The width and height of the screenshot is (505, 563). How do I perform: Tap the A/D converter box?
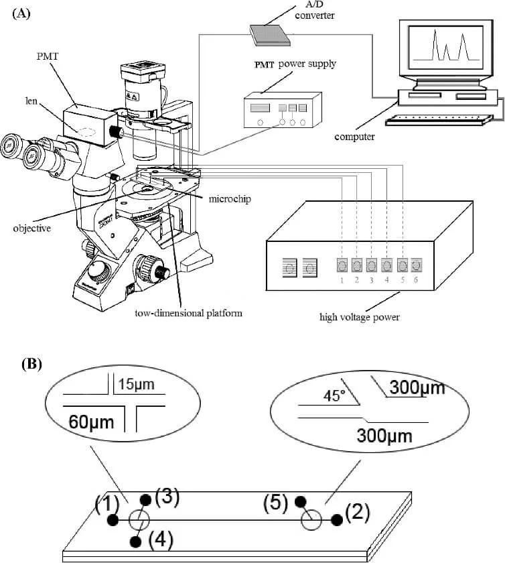pos(271,34)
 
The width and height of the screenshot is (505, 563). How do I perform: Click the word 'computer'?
pos(354,137)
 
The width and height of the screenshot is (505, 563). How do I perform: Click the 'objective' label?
pos(32,227)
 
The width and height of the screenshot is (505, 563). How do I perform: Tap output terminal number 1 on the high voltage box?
pos(342,264)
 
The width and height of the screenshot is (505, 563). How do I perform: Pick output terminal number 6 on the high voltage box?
pos(417,264)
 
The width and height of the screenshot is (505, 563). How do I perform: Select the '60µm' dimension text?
pos(91,422)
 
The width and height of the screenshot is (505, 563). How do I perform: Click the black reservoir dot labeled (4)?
pos(137,542)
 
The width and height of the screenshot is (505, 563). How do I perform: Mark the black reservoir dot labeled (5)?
pos(301,501)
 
